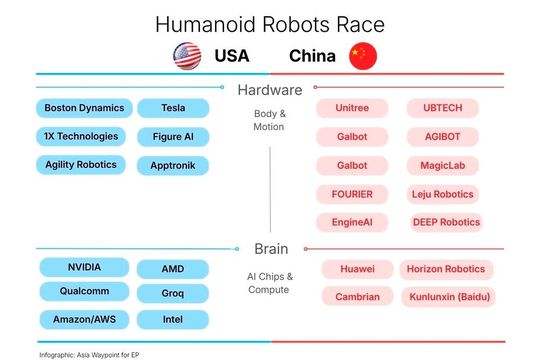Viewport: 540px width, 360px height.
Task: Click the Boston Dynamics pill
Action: [83, 108]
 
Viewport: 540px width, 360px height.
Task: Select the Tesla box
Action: [173, 108]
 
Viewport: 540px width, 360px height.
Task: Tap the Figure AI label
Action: [173, 137]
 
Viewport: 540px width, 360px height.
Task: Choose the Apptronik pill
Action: [173, 166]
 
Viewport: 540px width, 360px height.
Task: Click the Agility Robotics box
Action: [81, 165]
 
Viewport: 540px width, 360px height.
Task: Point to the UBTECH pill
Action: [442, 108]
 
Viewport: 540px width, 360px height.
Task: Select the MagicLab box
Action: [442, 166]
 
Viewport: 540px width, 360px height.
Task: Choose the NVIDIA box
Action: [84, 268]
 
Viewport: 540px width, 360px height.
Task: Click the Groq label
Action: [173, 294]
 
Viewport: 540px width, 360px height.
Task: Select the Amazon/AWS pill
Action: [84, 320]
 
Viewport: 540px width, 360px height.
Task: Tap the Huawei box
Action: [357, 269]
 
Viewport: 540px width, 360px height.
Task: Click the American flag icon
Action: [187, 56]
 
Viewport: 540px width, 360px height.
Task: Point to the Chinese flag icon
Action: [362, 56]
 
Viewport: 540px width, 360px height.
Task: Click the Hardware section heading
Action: [270, 90]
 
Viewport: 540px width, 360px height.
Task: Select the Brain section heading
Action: [270, 250]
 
